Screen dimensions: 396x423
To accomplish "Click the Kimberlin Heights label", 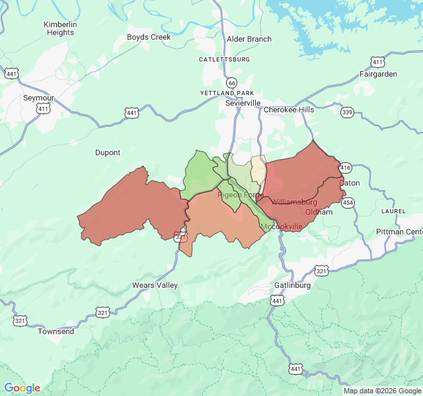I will pos(60,28).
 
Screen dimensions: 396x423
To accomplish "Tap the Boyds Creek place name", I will pos(149,38).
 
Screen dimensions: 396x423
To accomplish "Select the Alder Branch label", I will pos(249,39).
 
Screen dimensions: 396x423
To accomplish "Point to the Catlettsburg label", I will pos(225,59).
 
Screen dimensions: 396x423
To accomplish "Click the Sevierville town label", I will pos(243,104).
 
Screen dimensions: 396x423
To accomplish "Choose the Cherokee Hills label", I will pos(289,110).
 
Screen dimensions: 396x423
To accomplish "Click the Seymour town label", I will pos(38,97).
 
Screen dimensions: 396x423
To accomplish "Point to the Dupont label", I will pos(108,152).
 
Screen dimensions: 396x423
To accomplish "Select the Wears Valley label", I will pos(155,285).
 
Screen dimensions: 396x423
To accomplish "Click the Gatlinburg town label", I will pos(292,285).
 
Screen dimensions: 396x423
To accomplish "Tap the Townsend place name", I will pos(56,331).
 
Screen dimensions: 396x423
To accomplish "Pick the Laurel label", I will pos(393,211).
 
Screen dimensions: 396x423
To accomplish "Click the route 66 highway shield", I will pos(231,82).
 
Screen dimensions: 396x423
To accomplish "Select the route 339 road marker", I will pos(347,112).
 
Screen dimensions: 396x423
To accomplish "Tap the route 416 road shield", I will pos(345,168).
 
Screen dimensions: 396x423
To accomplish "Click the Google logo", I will pos(22,388).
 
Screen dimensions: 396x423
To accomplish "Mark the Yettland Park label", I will pos(227,93).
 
